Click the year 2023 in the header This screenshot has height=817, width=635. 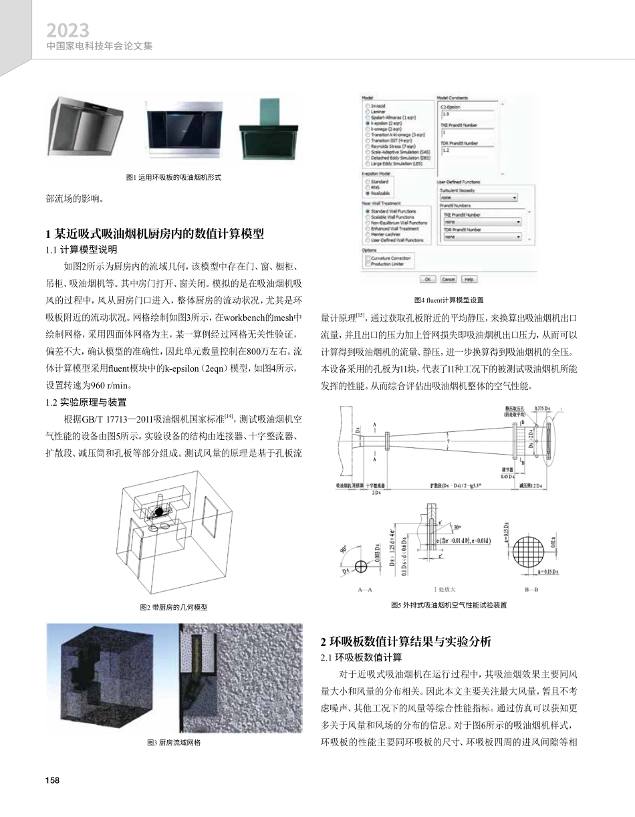pos(68,31)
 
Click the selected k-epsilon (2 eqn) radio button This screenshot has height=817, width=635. pos(367,124)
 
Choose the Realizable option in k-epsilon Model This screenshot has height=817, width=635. pos(367,193)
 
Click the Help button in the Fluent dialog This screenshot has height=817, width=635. pos(469,279)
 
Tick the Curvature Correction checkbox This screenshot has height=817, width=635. pos(367,257)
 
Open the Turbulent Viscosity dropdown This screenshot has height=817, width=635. pos(479,198)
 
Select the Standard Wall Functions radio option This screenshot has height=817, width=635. pos(367,211)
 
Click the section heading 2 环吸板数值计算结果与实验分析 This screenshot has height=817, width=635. pos(406,641)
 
